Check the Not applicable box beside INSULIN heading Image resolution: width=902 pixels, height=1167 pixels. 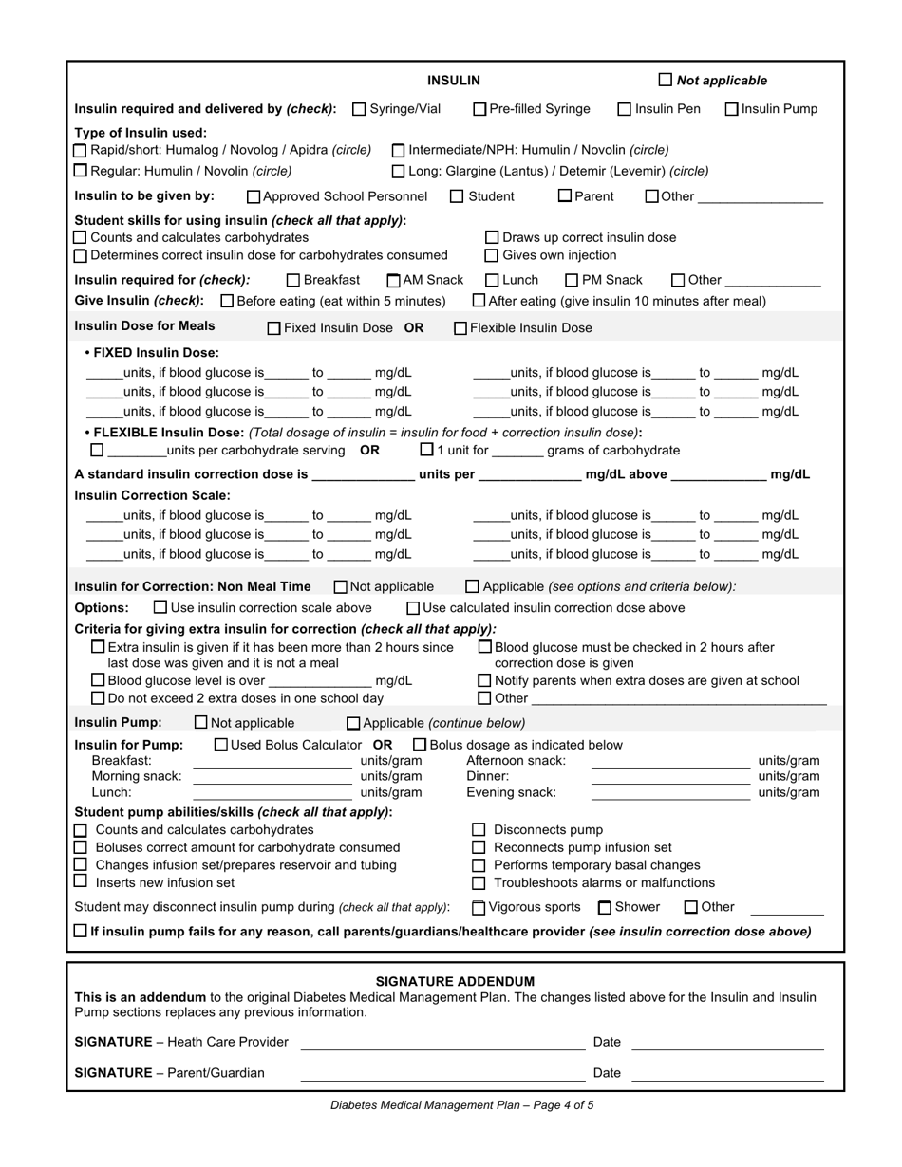[x=665, y=81]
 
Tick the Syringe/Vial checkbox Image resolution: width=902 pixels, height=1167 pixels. [x=359, y=109]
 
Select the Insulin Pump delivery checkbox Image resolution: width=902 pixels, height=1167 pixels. [x=732, y=109]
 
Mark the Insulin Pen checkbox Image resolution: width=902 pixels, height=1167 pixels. [x=625, y=109]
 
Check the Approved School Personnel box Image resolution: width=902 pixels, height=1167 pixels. [x=254, y=197]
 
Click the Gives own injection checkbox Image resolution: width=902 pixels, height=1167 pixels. [x=492, y=255]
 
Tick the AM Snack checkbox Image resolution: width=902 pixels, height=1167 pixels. [x=394, y=281]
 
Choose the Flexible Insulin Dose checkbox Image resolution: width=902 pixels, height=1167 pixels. [x=460, y=328]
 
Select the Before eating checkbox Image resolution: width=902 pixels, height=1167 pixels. [x=227, y=301]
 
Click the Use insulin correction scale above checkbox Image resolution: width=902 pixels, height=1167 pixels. [x=160, y=607]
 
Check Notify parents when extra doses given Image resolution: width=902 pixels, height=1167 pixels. [x=484, y=680]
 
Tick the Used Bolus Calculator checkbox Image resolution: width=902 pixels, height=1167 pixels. [x=221, y=745]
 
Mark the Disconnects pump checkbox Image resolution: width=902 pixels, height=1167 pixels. [x=479, y=830]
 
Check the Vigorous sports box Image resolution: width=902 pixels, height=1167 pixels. [x=479, y=908]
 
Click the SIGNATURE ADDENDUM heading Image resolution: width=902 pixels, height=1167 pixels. [x=455, y=981]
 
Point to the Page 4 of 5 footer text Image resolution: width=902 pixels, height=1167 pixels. [x=462, y=1105]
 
